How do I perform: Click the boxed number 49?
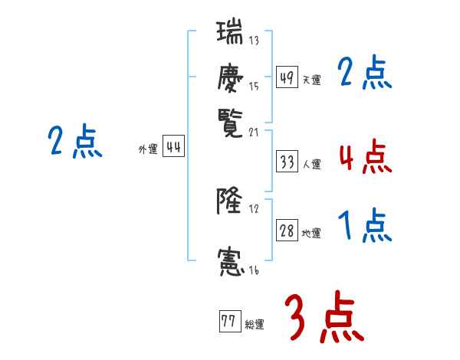287,78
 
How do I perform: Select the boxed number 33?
287,162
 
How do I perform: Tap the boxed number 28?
287,231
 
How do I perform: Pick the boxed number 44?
173,148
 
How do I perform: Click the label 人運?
312,163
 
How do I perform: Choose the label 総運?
255,324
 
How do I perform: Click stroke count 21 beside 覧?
256,132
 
